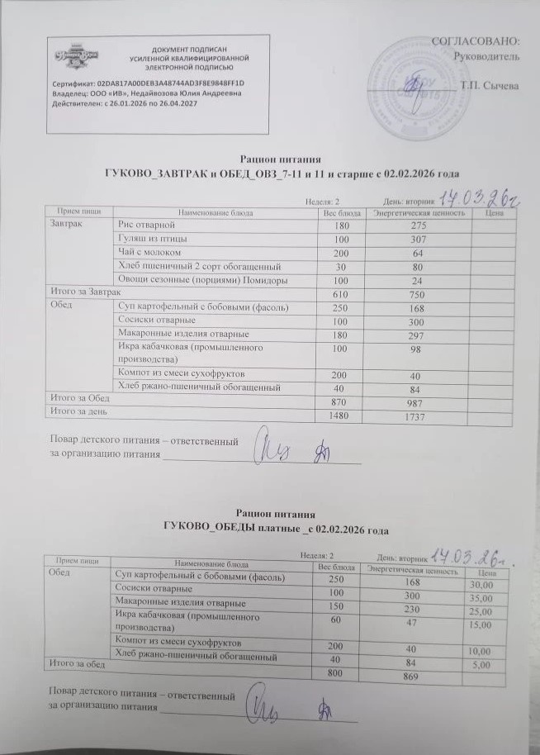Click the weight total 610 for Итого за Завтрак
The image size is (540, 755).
click(341, 292)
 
